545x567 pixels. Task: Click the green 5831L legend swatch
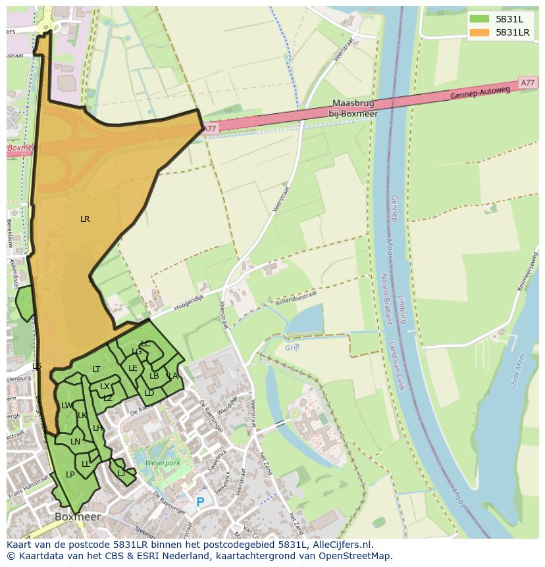pos(479,19)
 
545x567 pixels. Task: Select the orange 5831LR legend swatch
pos(479,32)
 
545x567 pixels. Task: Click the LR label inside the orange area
pos(85,219)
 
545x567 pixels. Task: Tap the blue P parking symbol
pos(200,502)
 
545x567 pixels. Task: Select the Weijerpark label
pos(163,464)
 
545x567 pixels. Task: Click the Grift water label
pos(292,347)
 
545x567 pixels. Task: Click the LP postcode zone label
pos(70,475)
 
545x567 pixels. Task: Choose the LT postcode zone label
pos(96,369)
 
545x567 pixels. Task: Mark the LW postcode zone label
pos(66,406)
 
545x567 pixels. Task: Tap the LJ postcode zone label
pos(121,473)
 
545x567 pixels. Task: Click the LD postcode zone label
pos(149,393)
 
